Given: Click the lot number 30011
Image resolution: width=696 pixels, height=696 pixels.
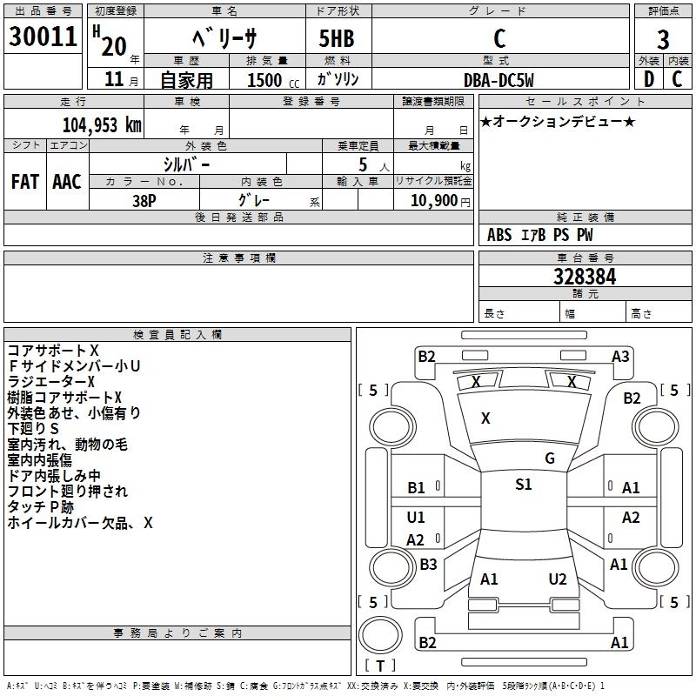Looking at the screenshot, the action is pyautogui.click(x=43, y=37).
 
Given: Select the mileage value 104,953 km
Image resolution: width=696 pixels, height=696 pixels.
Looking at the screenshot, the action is pyautogui.click(x=102, y=125).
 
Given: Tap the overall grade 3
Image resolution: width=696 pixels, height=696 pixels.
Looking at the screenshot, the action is pyautogui.click(x=663, y=40).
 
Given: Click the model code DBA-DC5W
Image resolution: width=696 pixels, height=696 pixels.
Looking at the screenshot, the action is pyautogui.click(x=499, y=80).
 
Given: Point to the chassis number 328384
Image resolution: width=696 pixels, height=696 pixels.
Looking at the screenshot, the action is pyautogui.click(x=585, y=277).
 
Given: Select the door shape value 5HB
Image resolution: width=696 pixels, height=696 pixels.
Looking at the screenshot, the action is pyautogui.click(x=337, y=38).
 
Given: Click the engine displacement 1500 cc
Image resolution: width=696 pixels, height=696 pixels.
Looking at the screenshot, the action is pyautogui.click(x=273, y=80).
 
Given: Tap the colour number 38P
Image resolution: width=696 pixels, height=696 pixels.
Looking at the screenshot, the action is pyautogui.click(x=144, y=201).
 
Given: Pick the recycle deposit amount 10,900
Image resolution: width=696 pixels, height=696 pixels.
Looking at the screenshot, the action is pyautogui.click(x=434, y=201).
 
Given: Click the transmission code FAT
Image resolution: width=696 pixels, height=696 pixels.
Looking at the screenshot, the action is pyautogui.click(x=25, y=182).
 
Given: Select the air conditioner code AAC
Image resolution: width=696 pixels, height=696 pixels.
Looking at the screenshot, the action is pyautogui.click(x=67, y=182).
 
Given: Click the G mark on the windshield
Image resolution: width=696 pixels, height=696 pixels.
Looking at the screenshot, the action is pyautogui.click(x=550, y=458).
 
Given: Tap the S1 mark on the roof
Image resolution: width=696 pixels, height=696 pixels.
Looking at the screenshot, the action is pyautogui.click(x=524, y=484).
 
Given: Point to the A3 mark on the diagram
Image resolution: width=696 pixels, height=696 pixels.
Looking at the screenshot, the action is pyautogui.click(x=620, y=357).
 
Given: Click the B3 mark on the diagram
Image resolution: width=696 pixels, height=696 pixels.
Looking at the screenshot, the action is pyautogui.click(x=428, y=564).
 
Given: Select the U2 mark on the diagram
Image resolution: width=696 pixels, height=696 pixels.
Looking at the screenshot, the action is pyautogui.click(x=558, y=579).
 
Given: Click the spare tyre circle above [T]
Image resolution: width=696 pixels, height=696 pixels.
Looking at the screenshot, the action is pyautogui.click(x=380, y=635).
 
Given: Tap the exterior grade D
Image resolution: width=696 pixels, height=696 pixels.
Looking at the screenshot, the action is pyautogui.click(x=649, y=79).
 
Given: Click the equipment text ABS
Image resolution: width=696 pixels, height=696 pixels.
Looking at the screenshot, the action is pyautogui.click(x=499, y=235).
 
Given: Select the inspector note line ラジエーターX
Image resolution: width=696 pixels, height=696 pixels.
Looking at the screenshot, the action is pyautogui.click(x=51, y=382).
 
